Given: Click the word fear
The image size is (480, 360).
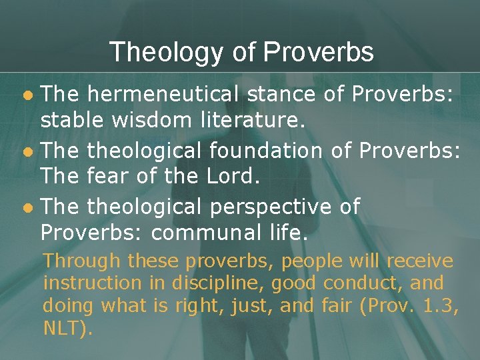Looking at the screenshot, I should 108,177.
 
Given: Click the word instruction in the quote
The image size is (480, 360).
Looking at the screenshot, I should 92,283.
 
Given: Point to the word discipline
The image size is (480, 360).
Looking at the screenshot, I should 209,283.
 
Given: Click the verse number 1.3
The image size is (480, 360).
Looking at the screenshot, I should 435,306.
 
